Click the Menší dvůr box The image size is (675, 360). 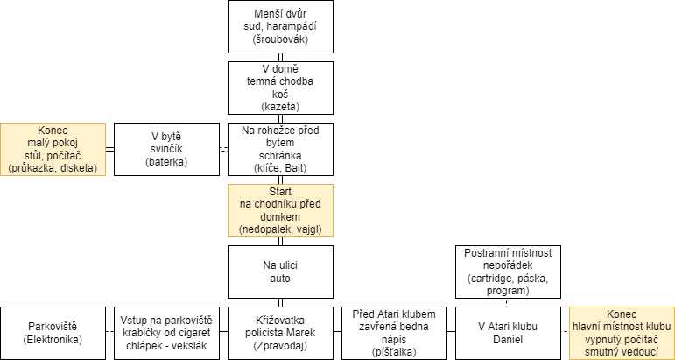tap(280, 26)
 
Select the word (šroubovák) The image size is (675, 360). tap(280, 39)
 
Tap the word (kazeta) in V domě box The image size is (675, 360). tap(280, 107)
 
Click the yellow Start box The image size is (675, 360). tap(280, 210)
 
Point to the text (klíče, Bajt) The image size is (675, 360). tap(280, 168)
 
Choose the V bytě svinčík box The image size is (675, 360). tap(166, 149)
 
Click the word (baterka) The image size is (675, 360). tap(166, 162)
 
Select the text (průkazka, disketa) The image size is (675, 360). tap(53, 168)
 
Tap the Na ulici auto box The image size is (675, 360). tap(280, 272)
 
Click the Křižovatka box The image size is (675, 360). tap(280, 333)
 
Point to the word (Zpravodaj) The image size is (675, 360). tap(280, 346)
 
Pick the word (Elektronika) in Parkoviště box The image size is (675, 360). tap(53, 339)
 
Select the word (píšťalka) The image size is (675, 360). tap(394, 352)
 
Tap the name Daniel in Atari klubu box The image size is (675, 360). tap(508, 339)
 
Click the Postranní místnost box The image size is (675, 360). tap(508, 272)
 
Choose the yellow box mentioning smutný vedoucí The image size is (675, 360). tap(622, 333)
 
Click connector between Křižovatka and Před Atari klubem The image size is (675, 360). tap(337, 334)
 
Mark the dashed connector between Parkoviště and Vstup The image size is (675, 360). tap(109, 334)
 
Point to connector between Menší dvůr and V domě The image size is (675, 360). tap(280, 57)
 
